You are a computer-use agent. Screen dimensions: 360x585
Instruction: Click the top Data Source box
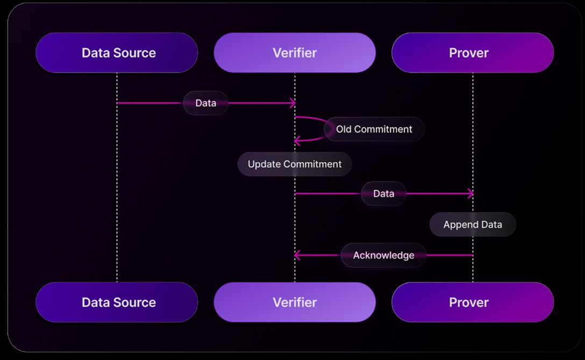pyautogui.click(x=117, y=53)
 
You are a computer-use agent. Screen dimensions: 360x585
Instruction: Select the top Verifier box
pyautogui.click(x=295, y=53)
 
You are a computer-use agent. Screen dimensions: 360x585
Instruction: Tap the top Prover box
pyautogui.click(x=472, y=53)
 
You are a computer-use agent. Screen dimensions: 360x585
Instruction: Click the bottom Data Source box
pyautogui.click(x=117, y=302)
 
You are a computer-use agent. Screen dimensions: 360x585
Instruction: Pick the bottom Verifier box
pyautogui.click(x=295, y=302)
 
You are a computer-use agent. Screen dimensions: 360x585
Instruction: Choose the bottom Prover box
pyautogui.click(x=472, y=302)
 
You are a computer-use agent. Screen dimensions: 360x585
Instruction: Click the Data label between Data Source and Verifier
pyautogui.click(x=206, y=103)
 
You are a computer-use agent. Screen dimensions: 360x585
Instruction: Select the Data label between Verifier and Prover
pyautogui.click(x=383, y=194)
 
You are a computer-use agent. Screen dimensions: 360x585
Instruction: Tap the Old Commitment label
pyautogui.click(x=374, y=129)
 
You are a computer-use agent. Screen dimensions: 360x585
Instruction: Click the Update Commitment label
pyautogui.click(x=295, y=164)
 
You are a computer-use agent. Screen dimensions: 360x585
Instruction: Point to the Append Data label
pyautogui.click(x=473, y=224)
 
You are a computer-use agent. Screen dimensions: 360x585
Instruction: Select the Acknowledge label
pyautogui.click(x=383, y=255)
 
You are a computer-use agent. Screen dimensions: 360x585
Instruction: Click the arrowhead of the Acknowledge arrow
pyautogui.click(x=296, y=255)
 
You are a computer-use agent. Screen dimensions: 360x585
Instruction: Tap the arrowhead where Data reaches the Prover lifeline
pyautogui.click(x=471, y=194)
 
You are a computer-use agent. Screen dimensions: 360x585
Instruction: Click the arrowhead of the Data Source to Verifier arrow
pyautogui.click(x=293, y=103)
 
